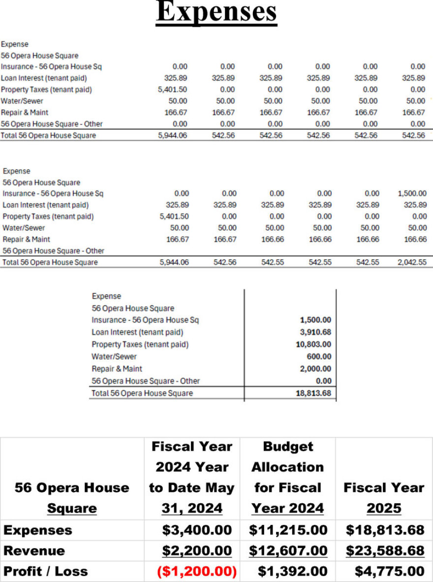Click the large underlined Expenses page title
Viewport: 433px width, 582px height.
pos(216,13)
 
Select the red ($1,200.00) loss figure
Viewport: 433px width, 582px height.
pos(197,571)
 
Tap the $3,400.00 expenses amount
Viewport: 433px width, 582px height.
pos(197,530)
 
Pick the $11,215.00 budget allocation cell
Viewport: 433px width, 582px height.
pos(288,530)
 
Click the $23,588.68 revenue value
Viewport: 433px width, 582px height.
pos(385,551)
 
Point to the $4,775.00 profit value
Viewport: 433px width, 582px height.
pos(389,571)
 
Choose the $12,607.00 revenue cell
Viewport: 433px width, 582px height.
pos(288,551)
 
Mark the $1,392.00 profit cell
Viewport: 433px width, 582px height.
pos(292,571)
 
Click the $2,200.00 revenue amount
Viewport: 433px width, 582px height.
pos(197,551)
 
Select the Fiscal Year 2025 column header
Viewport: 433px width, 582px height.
pos(384,497)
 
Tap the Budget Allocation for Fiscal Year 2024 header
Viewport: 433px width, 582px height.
pos(288,477)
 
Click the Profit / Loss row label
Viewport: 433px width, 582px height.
pos(46,571)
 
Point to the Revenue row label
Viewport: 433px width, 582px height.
pos(34,551)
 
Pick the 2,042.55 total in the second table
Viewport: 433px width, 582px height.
pos(412,262)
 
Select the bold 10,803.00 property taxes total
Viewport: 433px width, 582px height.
pos(313,344)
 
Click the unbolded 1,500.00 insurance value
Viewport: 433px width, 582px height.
pos(412,194)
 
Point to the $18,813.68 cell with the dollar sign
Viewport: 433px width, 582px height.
pos(385,530)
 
